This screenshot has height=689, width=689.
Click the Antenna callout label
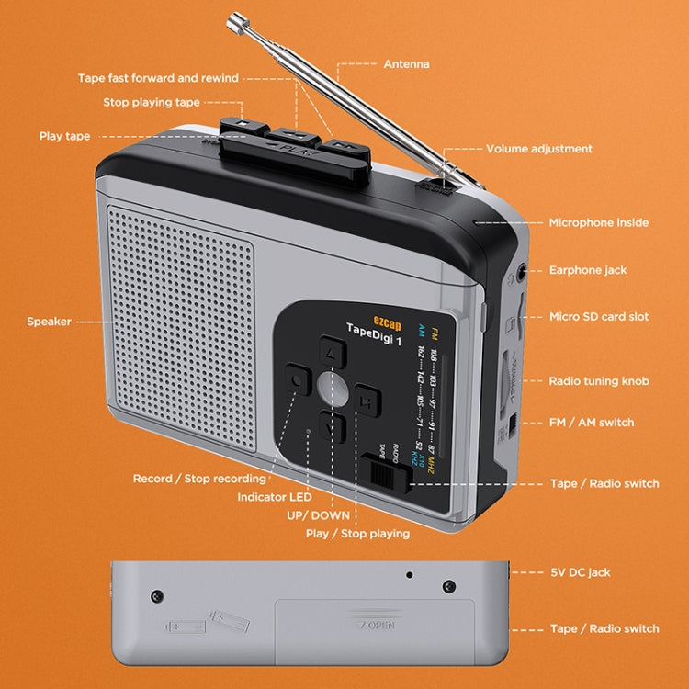tap(406, 65)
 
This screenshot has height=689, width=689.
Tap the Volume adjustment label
tap(539, 149)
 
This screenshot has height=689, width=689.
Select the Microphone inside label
tap(598, 223)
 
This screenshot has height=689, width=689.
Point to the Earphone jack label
tap(588, 271)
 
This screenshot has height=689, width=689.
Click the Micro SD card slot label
tap(598, 317)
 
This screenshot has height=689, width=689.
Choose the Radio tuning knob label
tap(598, 381)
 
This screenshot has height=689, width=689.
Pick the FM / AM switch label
tap(591, 423)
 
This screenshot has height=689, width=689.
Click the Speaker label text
tap(49, 322)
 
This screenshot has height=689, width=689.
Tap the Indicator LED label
tap(274, 497)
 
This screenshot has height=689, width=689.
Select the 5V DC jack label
tap(580, 572)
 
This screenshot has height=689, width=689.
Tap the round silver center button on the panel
tap(333, 389)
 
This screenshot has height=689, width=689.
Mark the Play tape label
tap(64, 136)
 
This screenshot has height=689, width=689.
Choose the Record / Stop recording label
tap(199, 479)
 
